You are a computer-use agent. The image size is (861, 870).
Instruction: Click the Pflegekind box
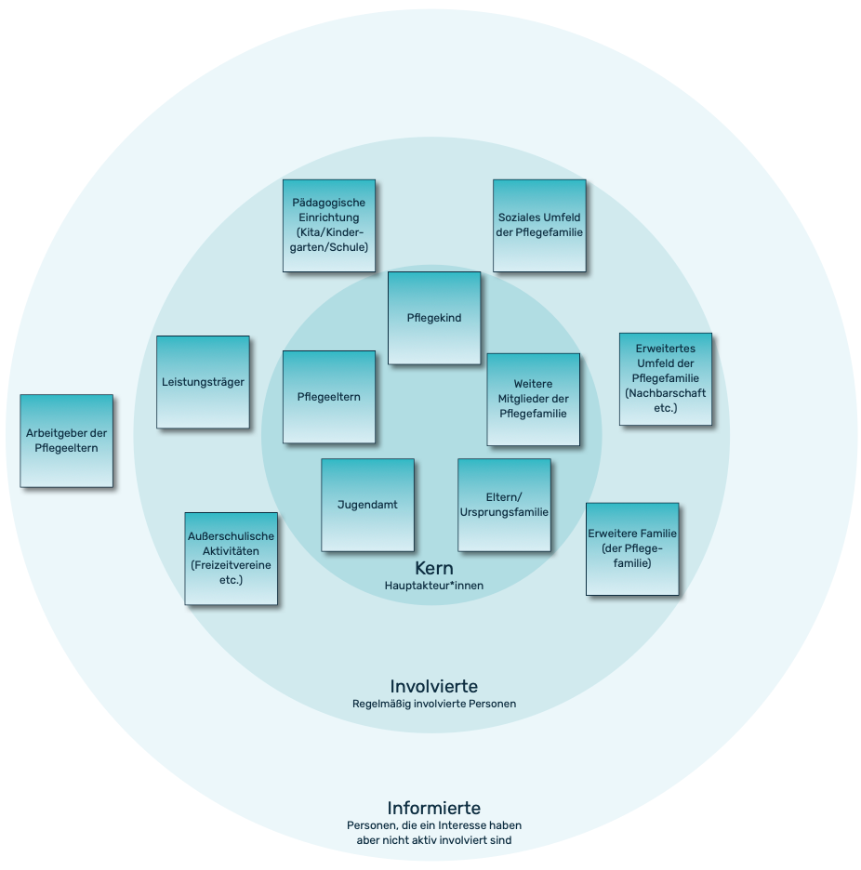click(434, 318)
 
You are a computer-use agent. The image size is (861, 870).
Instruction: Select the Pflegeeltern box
click(329, 397)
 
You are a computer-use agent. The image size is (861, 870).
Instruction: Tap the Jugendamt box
click(367, 505)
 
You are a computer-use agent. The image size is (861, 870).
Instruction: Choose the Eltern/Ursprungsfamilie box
click(504, 505)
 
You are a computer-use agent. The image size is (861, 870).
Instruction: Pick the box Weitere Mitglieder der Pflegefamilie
click(533, 399)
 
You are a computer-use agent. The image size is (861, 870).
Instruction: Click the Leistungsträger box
click(203, 382)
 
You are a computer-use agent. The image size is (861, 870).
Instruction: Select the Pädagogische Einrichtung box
click(329, 225)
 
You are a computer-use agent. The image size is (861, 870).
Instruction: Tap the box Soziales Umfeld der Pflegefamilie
click(539, 225)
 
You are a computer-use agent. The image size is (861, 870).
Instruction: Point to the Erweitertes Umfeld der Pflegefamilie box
click(666, 379)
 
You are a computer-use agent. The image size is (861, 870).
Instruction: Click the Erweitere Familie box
click(632, 548)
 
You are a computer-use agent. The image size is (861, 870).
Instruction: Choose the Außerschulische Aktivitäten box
click(232, 558)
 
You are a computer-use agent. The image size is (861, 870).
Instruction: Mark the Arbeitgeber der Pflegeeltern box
click(66, 441)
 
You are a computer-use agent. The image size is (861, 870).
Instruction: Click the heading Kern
click(434, 568)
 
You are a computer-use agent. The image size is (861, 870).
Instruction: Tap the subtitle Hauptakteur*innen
click(434, 586)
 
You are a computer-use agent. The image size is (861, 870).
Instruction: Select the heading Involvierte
click(434, 686)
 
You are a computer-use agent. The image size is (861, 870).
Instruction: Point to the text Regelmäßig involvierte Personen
click(434, 704)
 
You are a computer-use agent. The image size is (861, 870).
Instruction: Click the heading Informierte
click(434, 808)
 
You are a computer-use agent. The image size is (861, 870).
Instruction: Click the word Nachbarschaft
click(666, 393)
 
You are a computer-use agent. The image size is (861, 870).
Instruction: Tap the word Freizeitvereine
click(232, 565)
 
